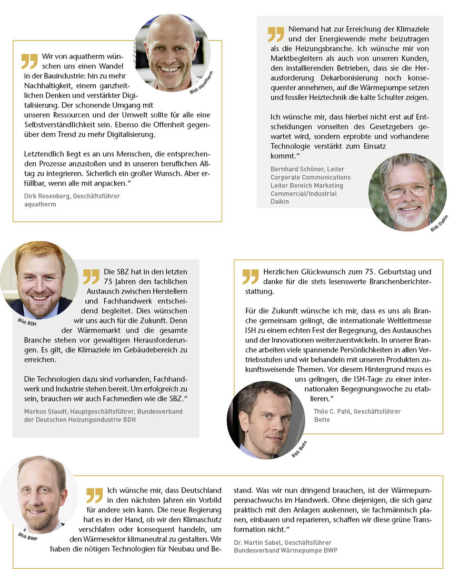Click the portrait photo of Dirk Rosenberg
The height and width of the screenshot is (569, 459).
coord(173,52)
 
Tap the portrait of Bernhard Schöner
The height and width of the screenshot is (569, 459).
coord(407,192)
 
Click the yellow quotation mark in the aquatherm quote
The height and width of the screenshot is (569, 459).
coord(29,61)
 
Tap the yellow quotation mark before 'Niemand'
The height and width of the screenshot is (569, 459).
coord(276,34)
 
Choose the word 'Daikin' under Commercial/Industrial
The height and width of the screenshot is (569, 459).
coord(280,201)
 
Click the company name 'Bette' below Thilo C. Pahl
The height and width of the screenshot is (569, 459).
coord(322,419)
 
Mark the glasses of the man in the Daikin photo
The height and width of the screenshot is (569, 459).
coord(407,190)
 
